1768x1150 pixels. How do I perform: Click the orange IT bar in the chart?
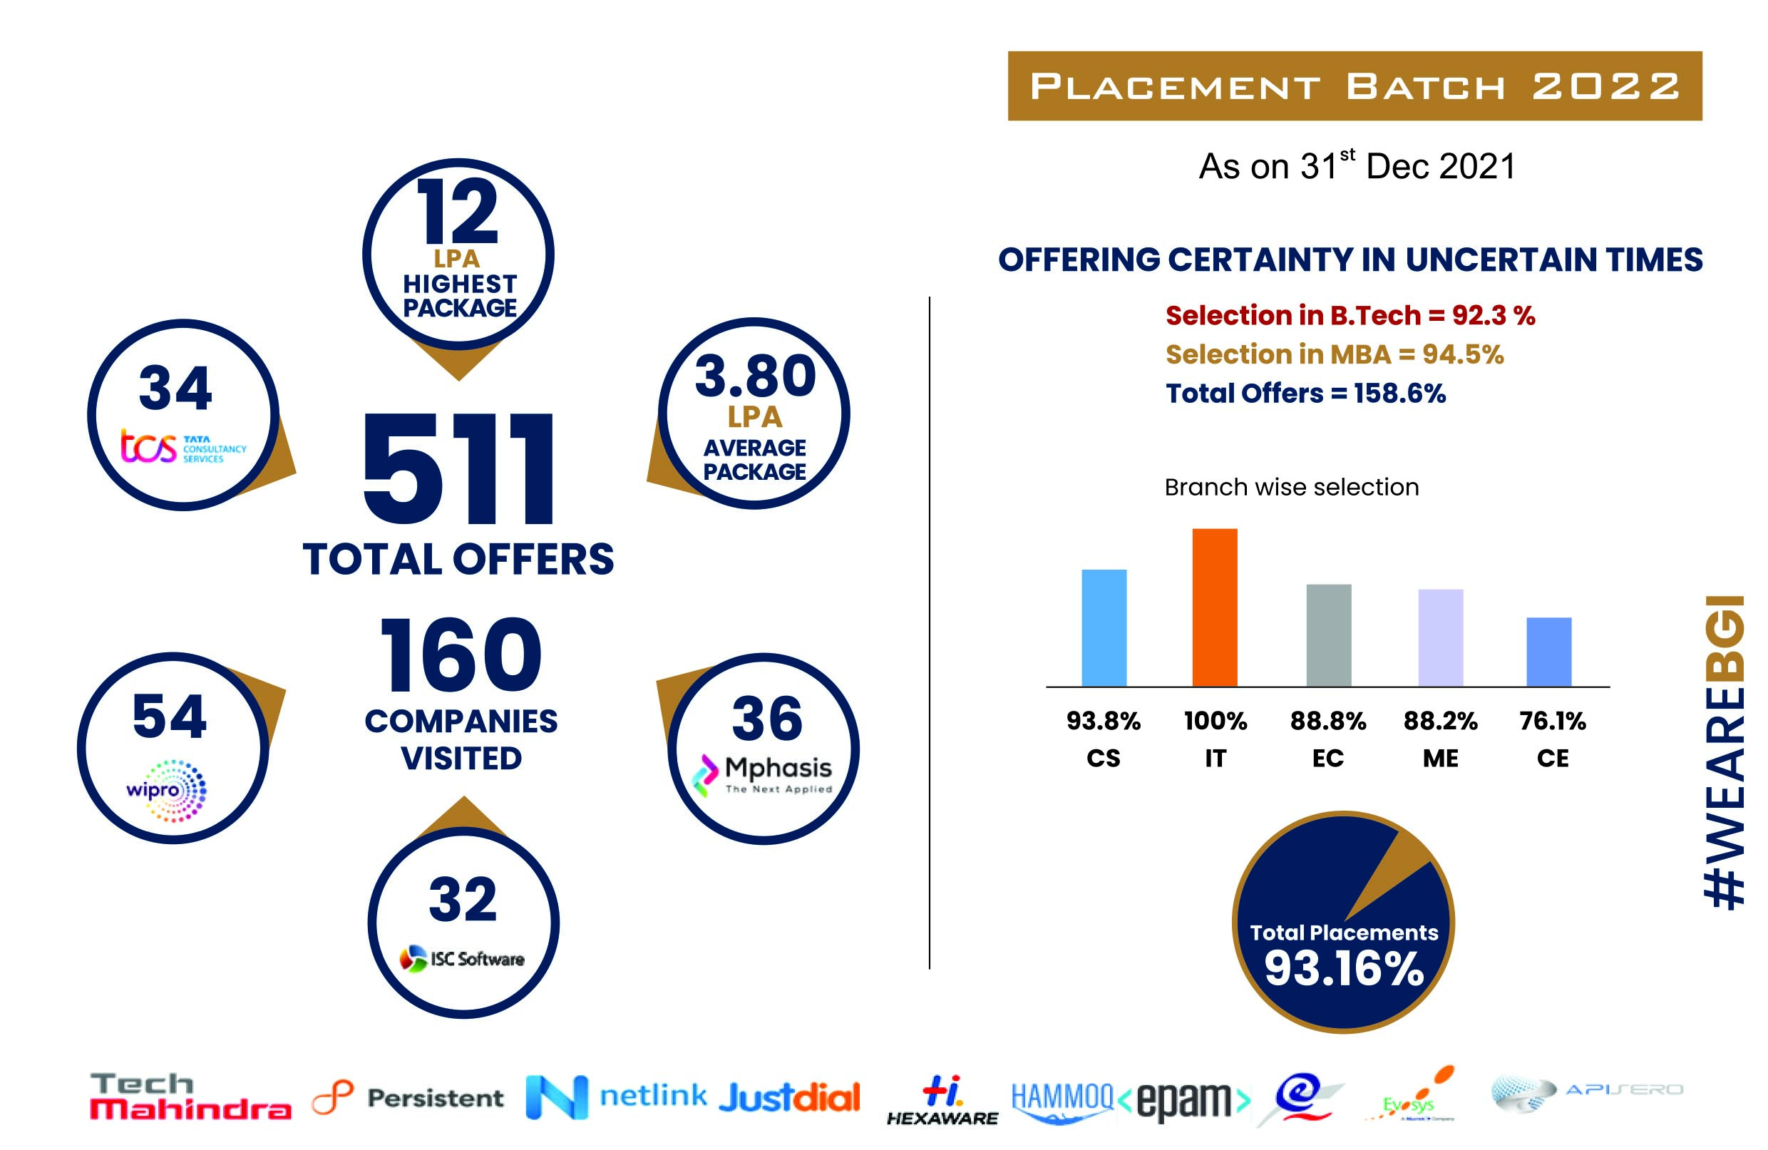[1215, 607]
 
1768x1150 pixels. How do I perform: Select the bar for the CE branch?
[1549, 652]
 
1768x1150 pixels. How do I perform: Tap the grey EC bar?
[1328, 635]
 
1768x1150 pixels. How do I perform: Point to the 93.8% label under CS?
[1103, 721]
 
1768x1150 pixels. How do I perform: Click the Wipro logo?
[167, 790]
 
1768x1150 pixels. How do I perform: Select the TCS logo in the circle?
[183, 448]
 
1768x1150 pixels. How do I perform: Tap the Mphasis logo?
[763, 775]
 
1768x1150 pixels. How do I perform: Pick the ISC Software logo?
[462, 958]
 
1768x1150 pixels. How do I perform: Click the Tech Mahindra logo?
[190, 1096]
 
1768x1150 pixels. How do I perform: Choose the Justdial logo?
[789, 1097]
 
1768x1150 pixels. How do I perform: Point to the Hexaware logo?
[942, 1099]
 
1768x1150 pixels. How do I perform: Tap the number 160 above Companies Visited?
[461, 654]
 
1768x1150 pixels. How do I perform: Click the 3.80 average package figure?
[755, 376]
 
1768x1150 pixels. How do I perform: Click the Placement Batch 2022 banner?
[1355, 86]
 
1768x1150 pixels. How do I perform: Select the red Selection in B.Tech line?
[1350, 316]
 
